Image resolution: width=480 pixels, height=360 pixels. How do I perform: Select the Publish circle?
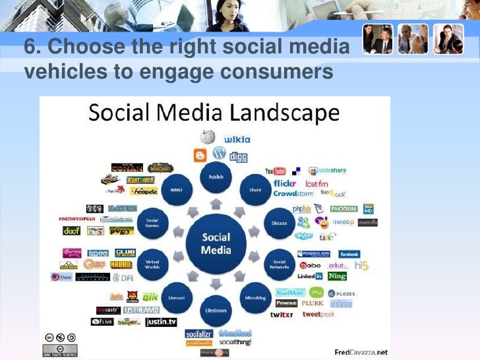coord(216,177)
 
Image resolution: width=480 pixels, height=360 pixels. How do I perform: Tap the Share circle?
coord(255,189)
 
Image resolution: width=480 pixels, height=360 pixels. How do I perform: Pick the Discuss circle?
coord(280,223)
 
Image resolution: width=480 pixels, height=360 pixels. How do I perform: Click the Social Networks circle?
coord(280,263)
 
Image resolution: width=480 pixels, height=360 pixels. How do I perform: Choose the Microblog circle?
coord(255,297)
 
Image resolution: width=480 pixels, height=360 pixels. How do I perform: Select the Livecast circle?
coord(177,297)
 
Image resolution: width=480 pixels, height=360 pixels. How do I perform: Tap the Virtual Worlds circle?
coord(152,263)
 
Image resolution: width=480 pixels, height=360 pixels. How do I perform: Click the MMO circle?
coord(177,189)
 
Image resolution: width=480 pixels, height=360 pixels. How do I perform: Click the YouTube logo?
coord(275,171)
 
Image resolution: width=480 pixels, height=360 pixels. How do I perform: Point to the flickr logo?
coord(285,183)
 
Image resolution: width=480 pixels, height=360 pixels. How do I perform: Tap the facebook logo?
coord(349,254)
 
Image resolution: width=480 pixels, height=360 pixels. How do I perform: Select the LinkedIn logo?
coord(309,276)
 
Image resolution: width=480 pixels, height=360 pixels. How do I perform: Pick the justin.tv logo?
coord(161,322)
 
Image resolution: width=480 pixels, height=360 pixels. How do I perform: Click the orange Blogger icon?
coord(200,156)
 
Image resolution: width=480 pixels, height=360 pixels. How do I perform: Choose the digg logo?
coord(238,157)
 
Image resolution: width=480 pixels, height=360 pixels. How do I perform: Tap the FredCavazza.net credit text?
coord(361,351)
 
